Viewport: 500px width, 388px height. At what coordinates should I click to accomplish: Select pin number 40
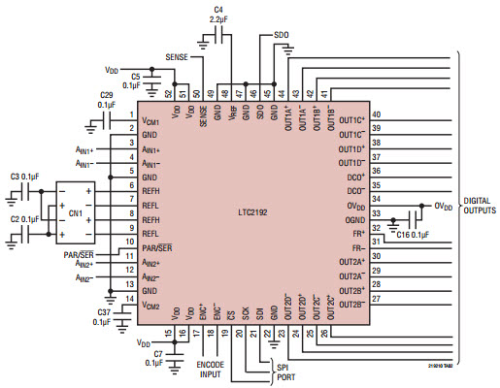pyautogui.click(x=376, y=114)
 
